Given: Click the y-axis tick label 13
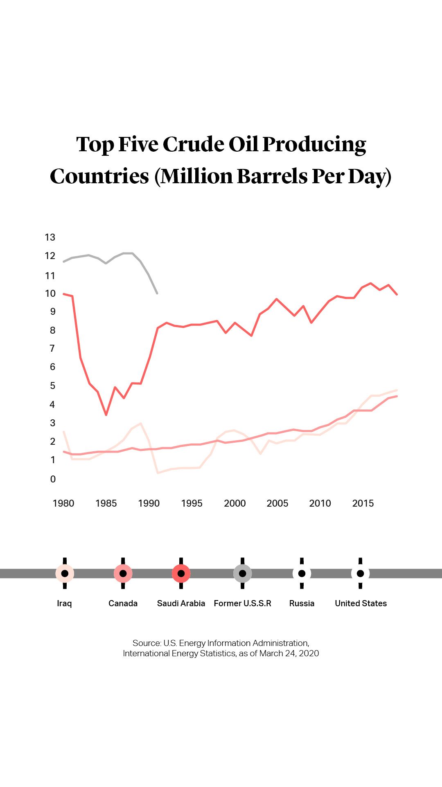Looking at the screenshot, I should [50, 237].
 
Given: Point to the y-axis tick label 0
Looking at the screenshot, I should [53, 479].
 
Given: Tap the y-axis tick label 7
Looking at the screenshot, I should [52, 348].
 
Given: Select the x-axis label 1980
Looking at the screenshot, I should [63, 503].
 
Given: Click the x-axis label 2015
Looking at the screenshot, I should [363, 503].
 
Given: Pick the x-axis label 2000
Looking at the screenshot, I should [235, 503].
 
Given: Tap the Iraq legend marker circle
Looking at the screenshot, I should [65, 573].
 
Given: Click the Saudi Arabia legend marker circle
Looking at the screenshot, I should [181, 573].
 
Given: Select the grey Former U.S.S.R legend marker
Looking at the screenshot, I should [242, 573].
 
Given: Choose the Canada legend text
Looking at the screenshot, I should [123, 603].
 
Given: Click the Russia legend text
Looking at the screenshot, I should [302, 603].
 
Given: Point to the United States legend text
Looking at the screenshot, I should [361, 603].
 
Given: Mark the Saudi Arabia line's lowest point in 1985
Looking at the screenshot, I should [106, 415].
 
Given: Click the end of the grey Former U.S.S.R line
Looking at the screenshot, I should [157, 293].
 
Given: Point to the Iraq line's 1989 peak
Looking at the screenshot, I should [141, 423].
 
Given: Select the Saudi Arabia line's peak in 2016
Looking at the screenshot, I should [371, 283].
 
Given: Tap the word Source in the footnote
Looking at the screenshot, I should [146, 643].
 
